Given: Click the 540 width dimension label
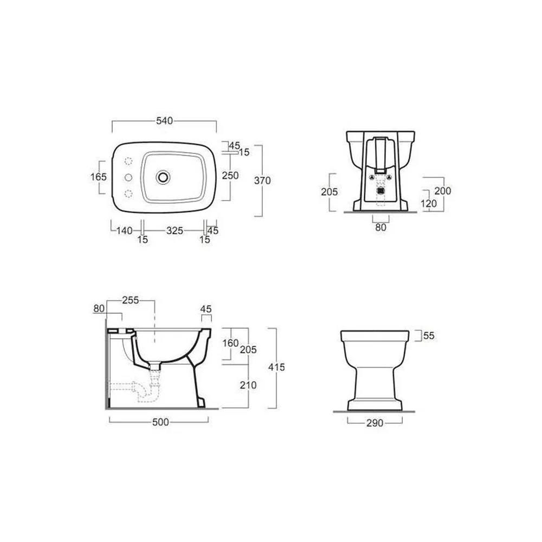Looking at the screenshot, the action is click(x=165, y=121).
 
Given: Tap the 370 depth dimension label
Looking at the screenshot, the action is click(x=262, y=180).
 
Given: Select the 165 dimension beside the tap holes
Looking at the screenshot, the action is click(x=99, y=177).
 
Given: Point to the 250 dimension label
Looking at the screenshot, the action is click(x=230, y=176).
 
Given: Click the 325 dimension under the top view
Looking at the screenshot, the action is click(x=175, y=230).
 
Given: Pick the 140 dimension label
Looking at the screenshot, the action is click(x=125, y=230).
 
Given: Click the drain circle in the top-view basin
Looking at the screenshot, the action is click(x=163, y=177).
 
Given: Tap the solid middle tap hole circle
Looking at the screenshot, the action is click(x=128, y=177).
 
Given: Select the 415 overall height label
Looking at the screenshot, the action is click(x=276, y=367).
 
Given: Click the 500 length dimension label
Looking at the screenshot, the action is click(x=161, y=422).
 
